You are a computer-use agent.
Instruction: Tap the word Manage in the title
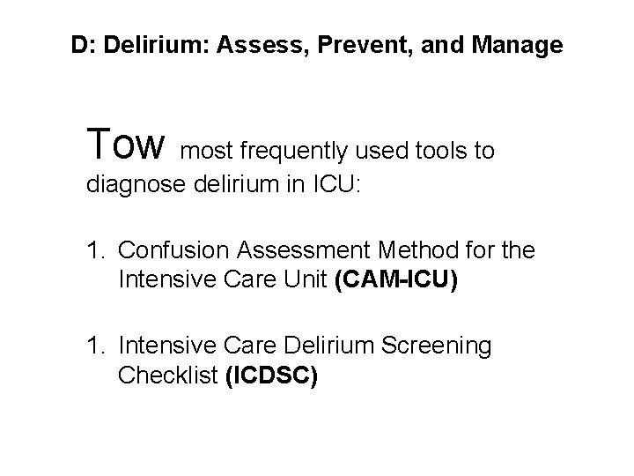click(x=519, y=45)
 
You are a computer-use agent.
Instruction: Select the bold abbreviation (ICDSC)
click(x=271, y=376)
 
